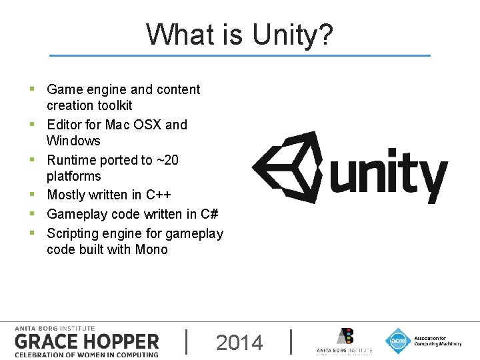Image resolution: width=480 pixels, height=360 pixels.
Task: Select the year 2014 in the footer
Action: coord(239,343)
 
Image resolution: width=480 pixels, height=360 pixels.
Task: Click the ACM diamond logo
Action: coord(398,341)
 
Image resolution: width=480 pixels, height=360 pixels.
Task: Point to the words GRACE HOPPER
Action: coord(87,342)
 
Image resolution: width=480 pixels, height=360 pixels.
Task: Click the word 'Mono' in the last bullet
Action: coord(151,249)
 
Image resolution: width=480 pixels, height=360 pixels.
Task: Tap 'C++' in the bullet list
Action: coord(159,195)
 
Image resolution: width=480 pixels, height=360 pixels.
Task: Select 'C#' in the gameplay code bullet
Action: coord(209,214)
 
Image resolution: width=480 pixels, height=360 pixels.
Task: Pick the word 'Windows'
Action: coord(73,141)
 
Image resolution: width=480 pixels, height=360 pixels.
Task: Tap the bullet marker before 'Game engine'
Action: coord(32,89)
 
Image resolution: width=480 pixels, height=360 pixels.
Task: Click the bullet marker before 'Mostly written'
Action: coord(32,195)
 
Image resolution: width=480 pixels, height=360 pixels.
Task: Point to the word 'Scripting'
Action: coord(74,233)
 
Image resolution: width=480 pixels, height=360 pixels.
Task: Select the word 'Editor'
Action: coord(64,125)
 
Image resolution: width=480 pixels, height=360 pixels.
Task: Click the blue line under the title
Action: coord(240,55)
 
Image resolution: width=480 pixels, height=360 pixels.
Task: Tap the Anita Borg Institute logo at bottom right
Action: coord(345,341)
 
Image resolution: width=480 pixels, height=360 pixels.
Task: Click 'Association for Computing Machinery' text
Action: coord(437,341)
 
